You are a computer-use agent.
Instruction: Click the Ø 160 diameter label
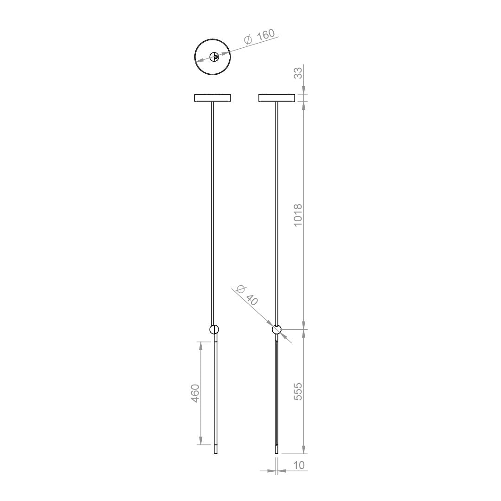tap(259, 37)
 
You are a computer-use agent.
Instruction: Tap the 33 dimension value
tap(298, 73)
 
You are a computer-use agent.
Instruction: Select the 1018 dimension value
tap(298, 215)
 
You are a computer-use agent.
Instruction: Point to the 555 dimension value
tap(298, 392)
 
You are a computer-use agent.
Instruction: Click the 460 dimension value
tap(195, 393)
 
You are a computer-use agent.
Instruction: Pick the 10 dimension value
tap(299, 465)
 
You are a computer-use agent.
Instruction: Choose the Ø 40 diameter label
tap(247, 295)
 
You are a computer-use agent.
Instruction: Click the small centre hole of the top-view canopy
tap(214, 58)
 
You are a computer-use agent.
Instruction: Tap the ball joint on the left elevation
tap(214, 329)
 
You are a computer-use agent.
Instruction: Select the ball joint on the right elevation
tap(276, 329)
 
